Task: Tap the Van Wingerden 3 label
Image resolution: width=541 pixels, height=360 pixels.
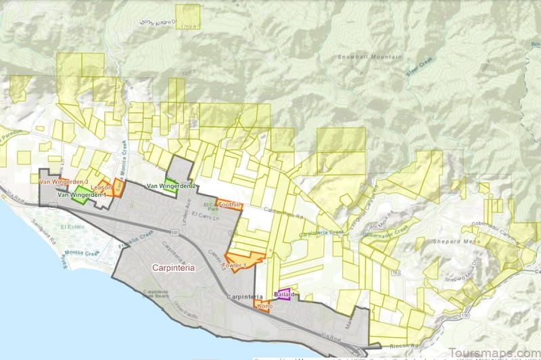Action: [x=64, y=182]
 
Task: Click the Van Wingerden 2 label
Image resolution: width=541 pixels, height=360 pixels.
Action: [x=172, y=186]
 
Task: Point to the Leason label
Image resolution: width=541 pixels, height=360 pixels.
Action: [x=101, y=187]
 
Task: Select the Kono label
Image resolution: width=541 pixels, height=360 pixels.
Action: [x=264, y=307]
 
